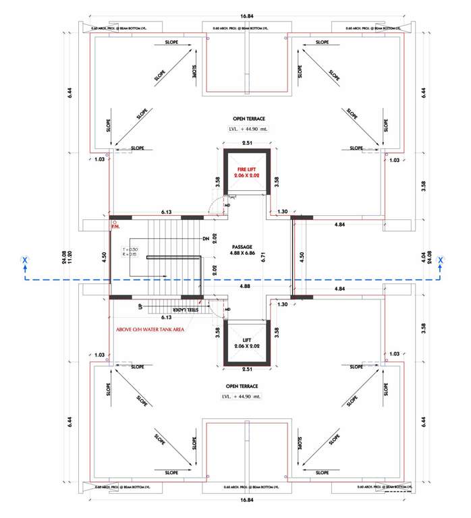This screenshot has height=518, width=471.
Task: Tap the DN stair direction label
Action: (205, 239)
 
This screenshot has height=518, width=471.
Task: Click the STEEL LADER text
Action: (187, 309)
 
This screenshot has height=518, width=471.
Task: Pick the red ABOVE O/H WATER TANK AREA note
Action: (153, 330)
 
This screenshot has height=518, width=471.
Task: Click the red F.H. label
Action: (115, 227)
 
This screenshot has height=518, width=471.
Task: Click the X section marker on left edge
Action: (24, 260)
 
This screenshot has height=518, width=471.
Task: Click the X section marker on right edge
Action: (440, 260)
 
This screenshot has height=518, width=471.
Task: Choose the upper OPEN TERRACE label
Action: (244, 119)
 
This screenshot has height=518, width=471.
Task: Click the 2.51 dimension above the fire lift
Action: (247, 143)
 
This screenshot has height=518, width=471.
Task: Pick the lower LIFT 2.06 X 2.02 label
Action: (246, 343)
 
